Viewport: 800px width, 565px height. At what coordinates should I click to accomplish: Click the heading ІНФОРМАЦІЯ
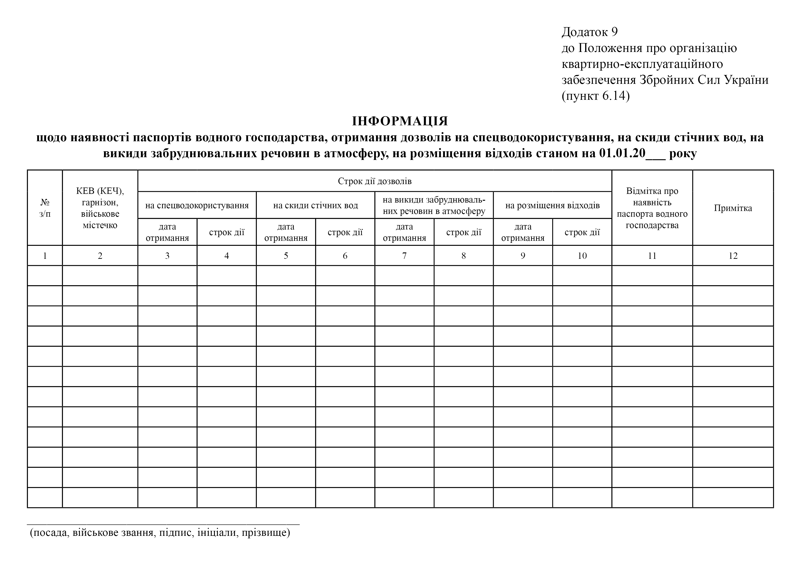pyautogui.click(x=400, y=121)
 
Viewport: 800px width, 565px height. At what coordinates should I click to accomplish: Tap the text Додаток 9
pyautogui.click(x=590, y=32)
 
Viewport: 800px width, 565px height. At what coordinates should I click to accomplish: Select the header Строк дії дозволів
pyautogui.click(x=374, y=181)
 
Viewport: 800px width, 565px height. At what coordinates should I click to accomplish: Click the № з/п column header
pyautogui.click(x=45, y=208)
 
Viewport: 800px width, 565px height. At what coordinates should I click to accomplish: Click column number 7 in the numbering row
pyautogui.click(x=404, y=256)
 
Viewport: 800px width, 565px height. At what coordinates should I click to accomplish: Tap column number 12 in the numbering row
pyautogui.click(x=733, y=256)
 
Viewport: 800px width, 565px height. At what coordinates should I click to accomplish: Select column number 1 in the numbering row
pyautogui.click(x=45, y=256)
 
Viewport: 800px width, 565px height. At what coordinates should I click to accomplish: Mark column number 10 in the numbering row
pyautogui.click(x=582, y=256)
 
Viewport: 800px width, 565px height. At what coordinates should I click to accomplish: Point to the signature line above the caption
pyautogui.click(x=163, y=523)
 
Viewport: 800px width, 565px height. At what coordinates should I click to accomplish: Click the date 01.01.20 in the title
pyautogui.click(x=622, y=153)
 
